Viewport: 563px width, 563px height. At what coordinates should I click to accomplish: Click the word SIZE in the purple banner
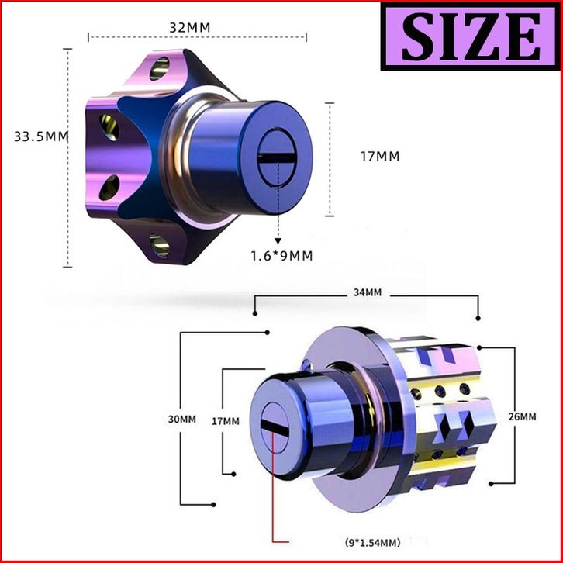(471, 36)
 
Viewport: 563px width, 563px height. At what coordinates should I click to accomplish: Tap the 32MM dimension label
(189, 28)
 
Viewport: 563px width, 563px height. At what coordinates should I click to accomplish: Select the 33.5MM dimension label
(41, 136)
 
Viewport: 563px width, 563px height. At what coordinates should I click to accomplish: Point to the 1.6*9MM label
(281, 256)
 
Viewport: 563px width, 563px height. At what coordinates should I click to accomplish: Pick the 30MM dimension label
(182, 419)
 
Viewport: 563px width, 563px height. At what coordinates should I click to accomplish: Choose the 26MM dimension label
(523, 416)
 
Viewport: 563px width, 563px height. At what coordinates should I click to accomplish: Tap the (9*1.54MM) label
(373, 542)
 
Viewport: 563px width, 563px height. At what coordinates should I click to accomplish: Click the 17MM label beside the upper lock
(380, 157)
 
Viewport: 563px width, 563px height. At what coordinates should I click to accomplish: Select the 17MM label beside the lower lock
(225, 421)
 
